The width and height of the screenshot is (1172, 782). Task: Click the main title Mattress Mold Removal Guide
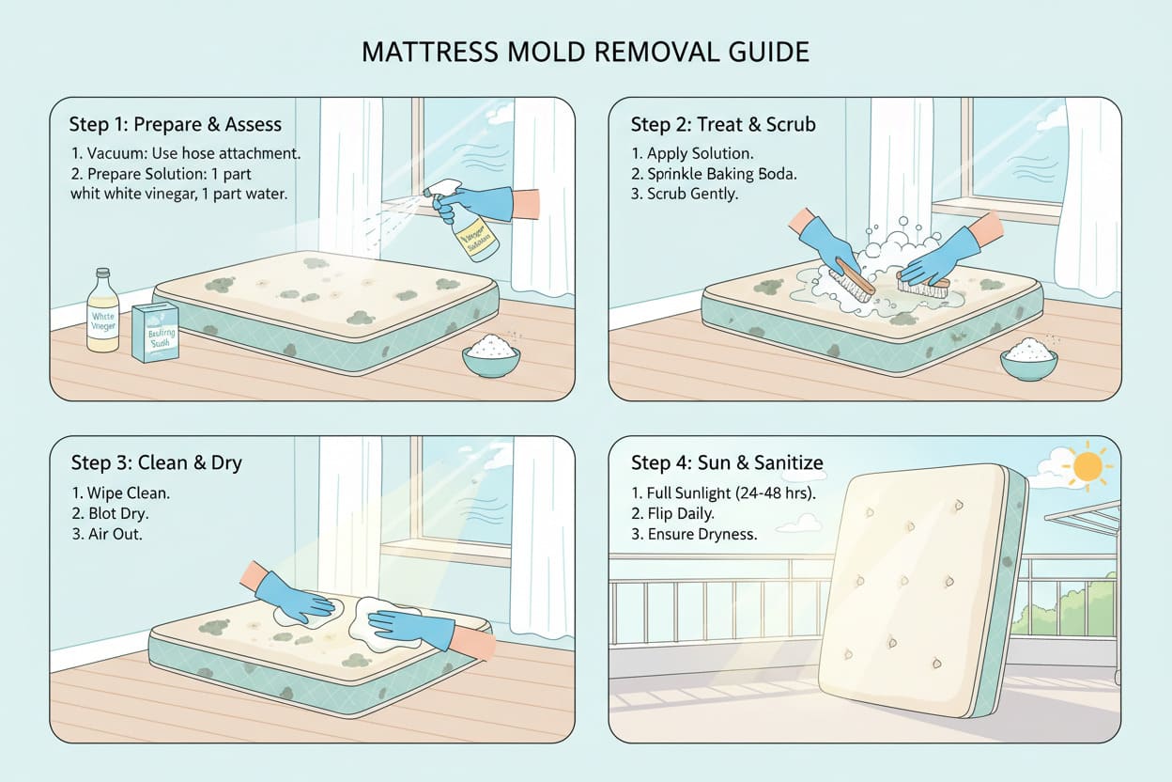click(x=585, y=52)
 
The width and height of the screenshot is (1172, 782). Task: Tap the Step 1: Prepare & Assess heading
click(x=175, y=124)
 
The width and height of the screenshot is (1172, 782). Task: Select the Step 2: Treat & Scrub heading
click(x=723, y=124)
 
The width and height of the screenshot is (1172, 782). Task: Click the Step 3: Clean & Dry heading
click(x=156, y=462)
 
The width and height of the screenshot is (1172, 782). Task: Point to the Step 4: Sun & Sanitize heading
click(x=727, y=462)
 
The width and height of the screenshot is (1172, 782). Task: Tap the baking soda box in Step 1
click(x=155, y=332)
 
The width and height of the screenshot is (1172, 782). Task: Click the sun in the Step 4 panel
click(x=1088, y=465)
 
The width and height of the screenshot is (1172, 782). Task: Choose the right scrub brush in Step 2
click(x=923, y=282)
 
